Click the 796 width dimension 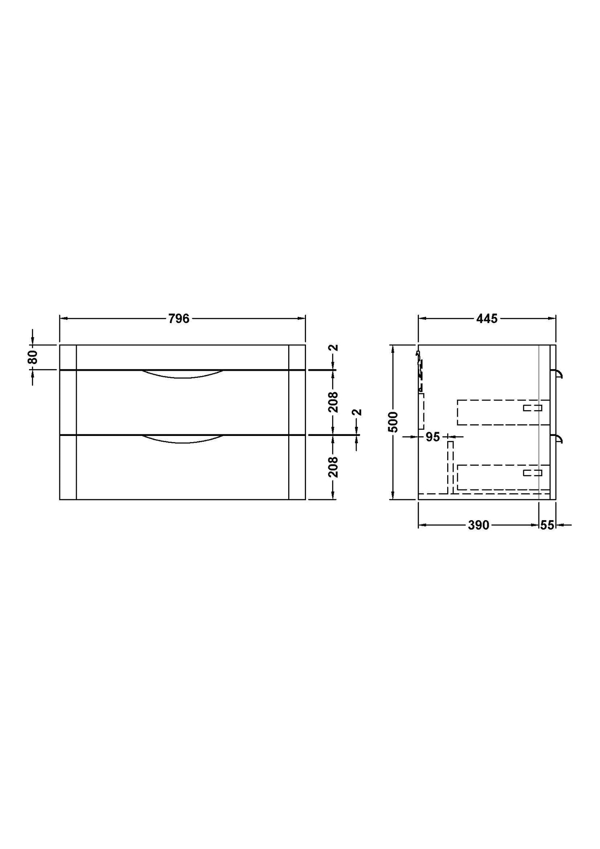pyautogui.click(x=179, y=319)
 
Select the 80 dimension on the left pyautogui.click(x=33, y=357)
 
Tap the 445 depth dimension pyautogui.click(x=487, y=319)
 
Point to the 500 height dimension pyautogui.click(x=393, y=422)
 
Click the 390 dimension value pyautogui.click(x=478, y=525)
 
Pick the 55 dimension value pyautogui.click(x=547, y=525)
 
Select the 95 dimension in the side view pyautogui.click(x=433, y=437)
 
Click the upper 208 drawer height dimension pyautogui.click(x=333, y=402)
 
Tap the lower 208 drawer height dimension pyautogui.click(x=333, y=467)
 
